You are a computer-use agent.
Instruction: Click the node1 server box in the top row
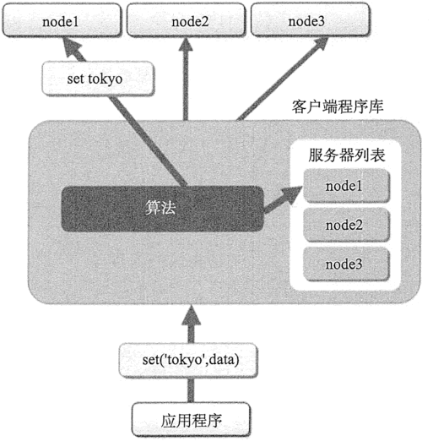[62, 20]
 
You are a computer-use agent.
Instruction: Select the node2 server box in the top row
[186, 20]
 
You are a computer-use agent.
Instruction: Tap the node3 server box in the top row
[310, 20]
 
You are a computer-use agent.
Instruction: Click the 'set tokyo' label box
[98, 79]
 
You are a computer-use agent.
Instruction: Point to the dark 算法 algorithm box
[163, 209]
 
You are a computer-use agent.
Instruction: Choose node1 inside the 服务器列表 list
[347, 186]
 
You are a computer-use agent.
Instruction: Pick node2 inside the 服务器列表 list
[347, 225]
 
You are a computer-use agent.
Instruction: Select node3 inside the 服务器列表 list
[347, 264]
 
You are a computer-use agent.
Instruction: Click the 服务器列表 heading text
[347, 155]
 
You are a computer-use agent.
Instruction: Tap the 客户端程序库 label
[338, 106]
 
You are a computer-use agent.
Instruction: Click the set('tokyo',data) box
[188, 360]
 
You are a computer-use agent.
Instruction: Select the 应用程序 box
[191, 421]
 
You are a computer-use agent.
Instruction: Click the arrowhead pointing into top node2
[186, 44]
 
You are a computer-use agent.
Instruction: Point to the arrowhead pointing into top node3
[321, 44]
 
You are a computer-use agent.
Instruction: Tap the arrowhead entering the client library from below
[191, 316]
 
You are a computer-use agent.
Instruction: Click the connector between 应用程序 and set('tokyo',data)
[191, 390]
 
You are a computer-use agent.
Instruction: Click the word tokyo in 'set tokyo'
[106, 79]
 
